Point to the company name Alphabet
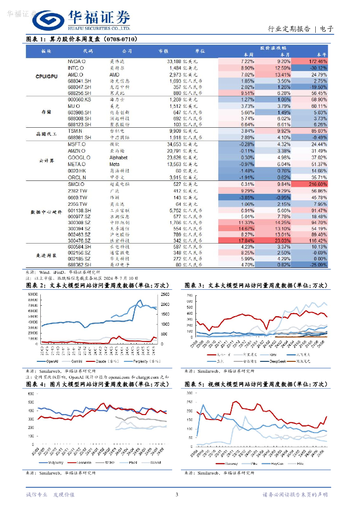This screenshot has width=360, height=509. click(x=118, y=157)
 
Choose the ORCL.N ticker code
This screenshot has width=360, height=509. click(x=77, y=177)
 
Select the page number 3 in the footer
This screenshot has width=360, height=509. click(x=177, y=494)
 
